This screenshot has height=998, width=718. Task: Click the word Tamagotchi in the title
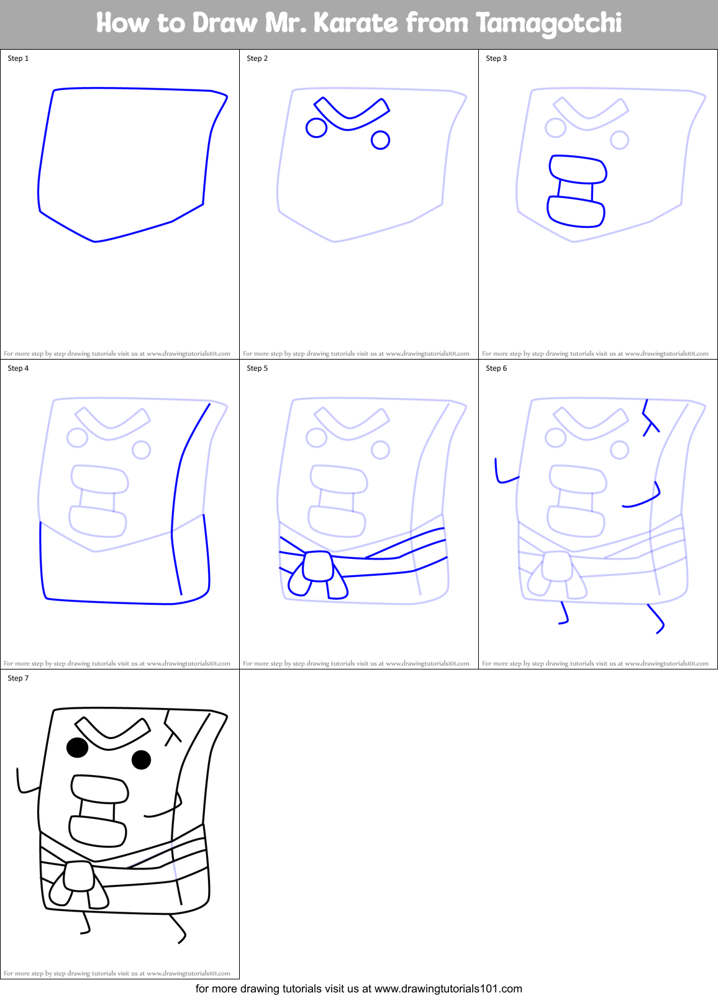(x=548, y=23)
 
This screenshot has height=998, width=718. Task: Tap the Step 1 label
(x=18, y=58)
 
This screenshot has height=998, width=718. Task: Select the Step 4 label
(x=18, y=368)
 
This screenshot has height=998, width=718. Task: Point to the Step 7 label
(x=18, y=678)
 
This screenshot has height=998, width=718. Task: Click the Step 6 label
(x=496, y=368)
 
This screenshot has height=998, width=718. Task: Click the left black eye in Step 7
(x=78, y=747)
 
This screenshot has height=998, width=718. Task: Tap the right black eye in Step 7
(x=142, y=760)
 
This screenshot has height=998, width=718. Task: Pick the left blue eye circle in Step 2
(x=317, y=128)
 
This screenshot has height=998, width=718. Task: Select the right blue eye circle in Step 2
(x=381, y=140)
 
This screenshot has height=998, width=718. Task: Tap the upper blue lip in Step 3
(x=578, y=169)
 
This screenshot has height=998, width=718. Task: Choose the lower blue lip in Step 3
(x=576, y=212)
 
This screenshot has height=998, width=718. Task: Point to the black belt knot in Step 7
(x=79, y=876)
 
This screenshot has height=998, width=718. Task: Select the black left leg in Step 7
(x=87, y=923)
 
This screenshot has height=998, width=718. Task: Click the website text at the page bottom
(x=358, y=989)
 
